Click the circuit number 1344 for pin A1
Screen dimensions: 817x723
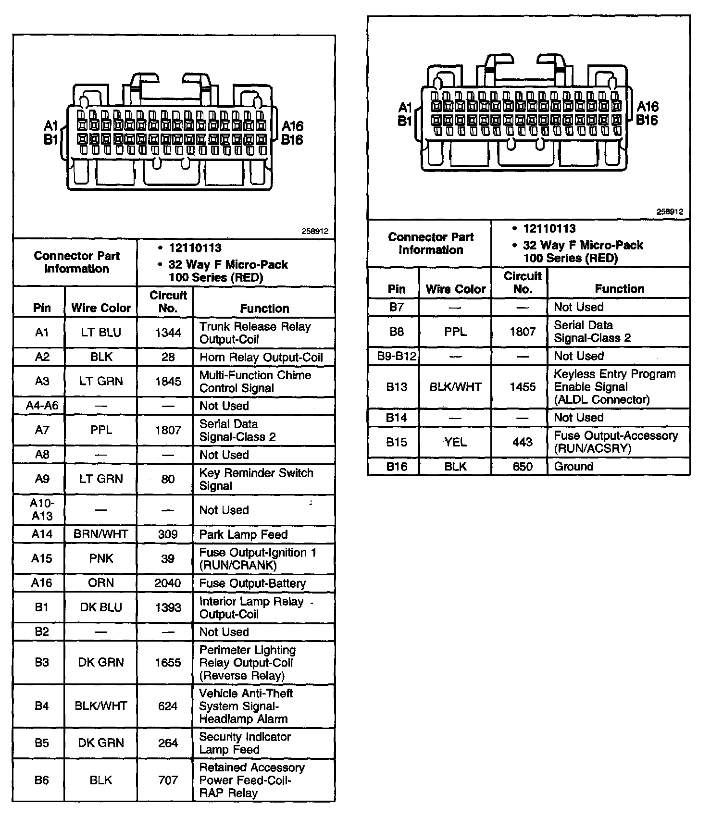pos(168,333)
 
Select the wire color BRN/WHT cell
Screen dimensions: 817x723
pos(101,534)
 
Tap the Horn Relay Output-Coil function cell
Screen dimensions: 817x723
pos(261,357)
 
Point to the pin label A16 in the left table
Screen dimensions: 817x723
pos(41,583)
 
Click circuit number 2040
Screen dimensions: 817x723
pos(168,583)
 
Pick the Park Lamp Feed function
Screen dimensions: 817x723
pos(243,534)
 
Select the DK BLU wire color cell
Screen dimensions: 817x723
pos(101,607)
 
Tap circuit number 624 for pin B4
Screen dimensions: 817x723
pos(168,706)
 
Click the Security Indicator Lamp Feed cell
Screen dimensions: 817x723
pos(245,743)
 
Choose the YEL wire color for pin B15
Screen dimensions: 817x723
pos(455,442)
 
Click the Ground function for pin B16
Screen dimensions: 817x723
pos(573,466)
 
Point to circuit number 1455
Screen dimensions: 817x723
pos(523,387)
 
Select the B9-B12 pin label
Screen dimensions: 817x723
pos(396,356)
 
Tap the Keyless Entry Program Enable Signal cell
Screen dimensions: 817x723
pos(614,387)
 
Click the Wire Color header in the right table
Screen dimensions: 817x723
pos(455,289)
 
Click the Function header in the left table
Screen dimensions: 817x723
pos(264,308)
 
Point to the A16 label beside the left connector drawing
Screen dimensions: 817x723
pos(292,126)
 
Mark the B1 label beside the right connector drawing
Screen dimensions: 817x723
pos(404,121)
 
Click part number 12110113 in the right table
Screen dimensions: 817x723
pos(549,229)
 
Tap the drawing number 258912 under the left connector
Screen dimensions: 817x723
pos(315,231)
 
